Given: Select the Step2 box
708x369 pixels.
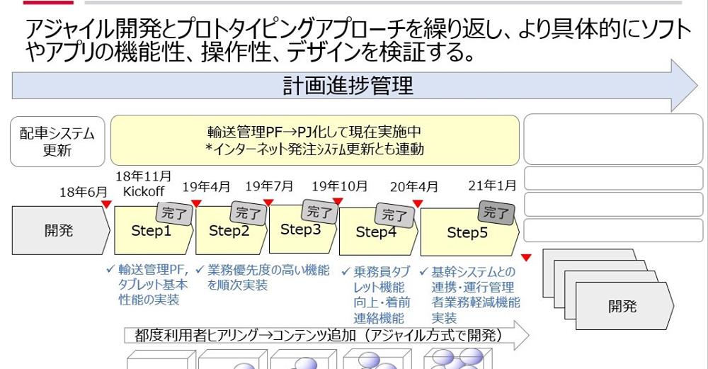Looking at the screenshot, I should tap(229, 231).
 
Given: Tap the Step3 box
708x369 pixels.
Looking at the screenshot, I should tap(300, 229).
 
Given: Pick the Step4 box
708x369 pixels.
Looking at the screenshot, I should tap(376, 232).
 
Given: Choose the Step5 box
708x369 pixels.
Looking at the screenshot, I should tap(467, 233).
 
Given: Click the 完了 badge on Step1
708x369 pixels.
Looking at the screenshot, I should tap(174, 212).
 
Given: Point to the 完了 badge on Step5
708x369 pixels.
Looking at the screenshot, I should tap(496, 212).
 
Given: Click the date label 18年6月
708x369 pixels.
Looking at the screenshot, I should tap(84, 192).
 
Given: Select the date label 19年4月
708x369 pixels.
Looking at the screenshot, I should tap(206, 187).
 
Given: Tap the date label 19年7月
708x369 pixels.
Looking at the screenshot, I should tap(269, 187).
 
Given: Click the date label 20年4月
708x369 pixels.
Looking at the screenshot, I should tap(413, 188).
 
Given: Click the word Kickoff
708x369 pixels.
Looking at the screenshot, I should tap(143, 192).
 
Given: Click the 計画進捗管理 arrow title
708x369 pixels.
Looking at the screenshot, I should tap(348, 86).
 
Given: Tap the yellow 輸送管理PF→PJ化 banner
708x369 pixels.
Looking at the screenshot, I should tap(315, 140).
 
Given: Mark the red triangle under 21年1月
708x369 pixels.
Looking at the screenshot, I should tap(526, 257).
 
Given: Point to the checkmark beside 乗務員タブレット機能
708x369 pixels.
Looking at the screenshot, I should tap(346, 271).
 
